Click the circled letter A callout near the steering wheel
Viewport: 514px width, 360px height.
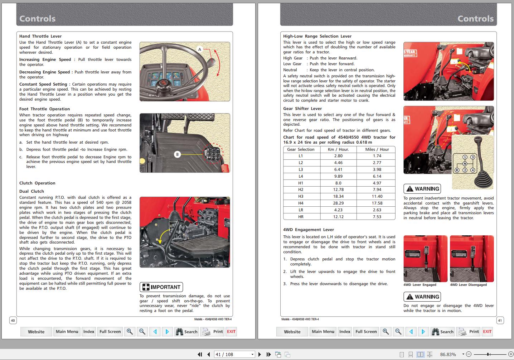pyautogui.click(x=200, y=49)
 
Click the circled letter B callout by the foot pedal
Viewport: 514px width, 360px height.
pyautogui.click(x=177, y=154)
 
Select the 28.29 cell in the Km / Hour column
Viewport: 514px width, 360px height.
pyautogui.click(x=338, y=203)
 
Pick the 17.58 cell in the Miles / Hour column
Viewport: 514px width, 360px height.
pyautogui.click(x=377, y=203)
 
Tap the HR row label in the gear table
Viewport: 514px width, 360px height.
pyautogui.click(x=301, y=217)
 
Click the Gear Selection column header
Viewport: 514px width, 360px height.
pyautogui.click(x=301, y=149)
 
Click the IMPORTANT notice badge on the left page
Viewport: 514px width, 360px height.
pyautogui.click(x=161, y=287)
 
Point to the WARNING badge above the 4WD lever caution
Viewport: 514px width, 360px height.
pyautogui.click(x=422, y=297)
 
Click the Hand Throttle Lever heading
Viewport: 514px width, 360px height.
pyautogui.click(x=40, y=36)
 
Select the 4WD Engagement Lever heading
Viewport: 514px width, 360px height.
pyautogui.click(x=309, y=230)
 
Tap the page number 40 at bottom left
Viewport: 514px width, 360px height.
pyautogui.click(x=13, y=320)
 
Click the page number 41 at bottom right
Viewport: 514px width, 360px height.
pyautogui.click(x=500, y=320)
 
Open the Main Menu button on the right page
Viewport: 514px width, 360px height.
pyautogui.click(x=323, y=332)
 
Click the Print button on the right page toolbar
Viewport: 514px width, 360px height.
pyautogui.click(x=469, y=332)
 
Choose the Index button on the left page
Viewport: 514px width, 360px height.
pyautogui.click(x=89, y=332)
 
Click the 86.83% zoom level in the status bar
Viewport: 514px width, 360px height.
pyautogui.click(x=448, y=354)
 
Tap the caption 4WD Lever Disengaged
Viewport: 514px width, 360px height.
pyautogui.click(x=468, y=285)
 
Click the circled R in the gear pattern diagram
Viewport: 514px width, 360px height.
pyautogui.click(x=456, y=170)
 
